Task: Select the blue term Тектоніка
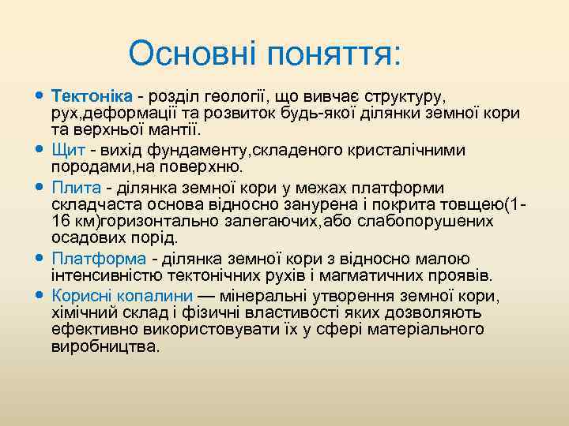[91, 95]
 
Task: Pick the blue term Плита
[77, 187]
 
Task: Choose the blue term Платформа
[99, 259]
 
